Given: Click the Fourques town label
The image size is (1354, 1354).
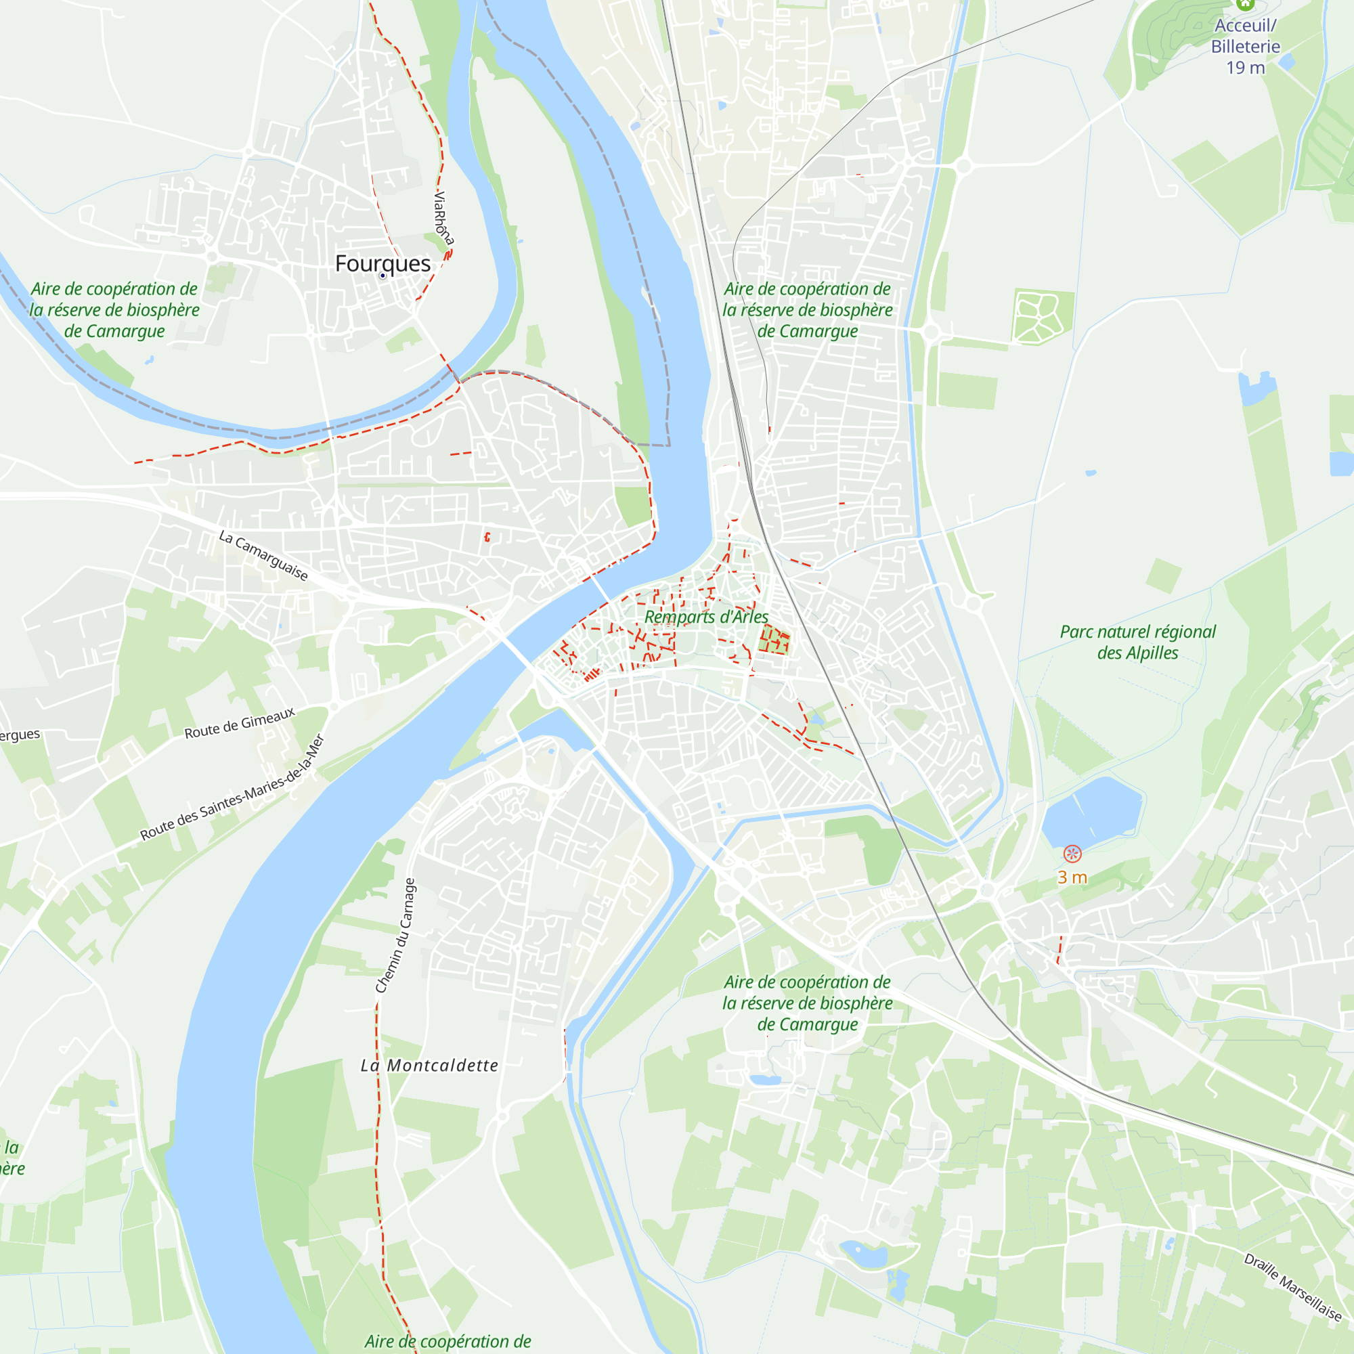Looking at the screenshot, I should point(383,263).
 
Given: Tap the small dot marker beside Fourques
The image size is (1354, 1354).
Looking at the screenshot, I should point(383,276).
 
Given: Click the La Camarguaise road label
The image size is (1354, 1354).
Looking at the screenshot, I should point(263,556).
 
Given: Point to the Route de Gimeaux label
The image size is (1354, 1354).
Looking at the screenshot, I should point(240,723).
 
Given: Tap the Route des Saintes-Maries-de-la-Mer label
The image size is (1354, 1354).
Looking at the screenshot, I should point(233,787).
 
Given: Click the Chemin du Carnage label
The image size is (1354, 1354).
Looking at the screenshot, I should point(396,936).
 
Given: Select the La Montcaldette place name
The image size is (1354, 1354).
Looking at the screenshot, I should point(429,1066).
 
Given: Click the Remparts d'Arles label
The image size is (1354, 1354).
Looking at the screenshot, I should point(705,617).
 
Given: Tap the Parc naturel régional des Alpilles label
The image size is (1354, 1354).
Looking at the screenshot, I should point(1137,642).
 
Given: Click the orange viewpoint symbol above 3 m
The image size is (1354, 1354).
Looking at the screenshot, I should point(1072,854).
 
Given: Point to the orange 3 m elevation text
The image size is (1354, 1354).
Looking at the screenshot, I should point(1072,877).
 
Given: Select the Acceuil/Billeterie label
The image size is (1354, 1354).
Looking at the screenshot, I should point(1246,36).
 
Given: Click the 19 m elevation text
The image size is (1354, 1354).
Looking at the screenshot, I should point(1246,68).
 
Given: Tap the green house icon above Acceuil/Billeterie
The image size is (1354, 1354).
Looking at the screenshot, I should point(1246,4).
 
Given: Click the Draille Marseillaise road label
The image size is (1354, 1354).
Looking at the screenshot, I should point(1292,1288).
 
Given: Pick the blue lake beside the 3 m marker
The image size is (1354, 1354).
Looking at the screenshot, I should point(1091,813).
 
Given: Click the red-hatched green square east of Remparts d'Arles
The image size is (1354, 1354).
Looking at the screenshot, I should point(774,640).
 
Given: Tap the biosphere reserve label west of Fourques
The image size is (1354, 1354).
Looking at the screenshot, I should point(114,310).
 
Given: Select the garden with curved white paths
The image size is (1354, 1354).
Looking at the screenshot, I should point(1042,317).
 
